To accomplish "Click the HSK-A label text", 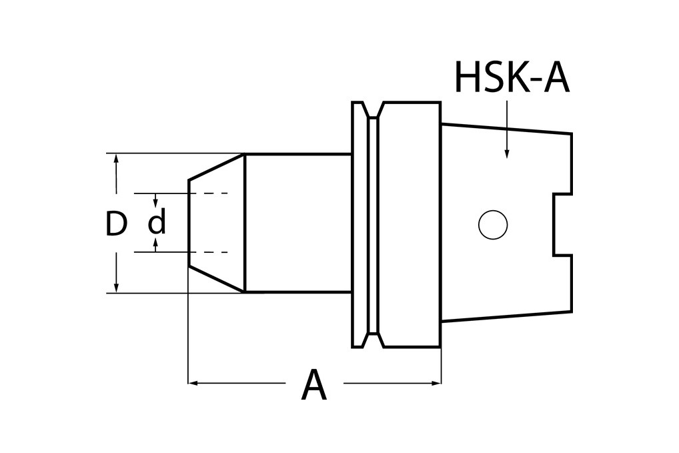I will pos(511,78).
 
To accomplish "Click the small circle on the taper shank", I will pos(493,224).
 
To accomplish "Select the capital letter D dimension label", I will pos(116,225).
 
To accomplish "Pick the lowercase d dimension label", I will pos(157,223).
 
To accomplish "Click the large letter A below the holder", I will pos(313,386).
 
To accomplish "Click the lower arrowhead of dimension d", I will pos(155,245).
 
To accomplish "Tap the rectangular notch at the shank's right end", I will pos(562,224).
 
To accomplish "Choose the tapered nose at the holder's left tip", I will pos(217,223).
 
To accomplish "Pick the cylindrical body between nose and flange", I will pos(297,223).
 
